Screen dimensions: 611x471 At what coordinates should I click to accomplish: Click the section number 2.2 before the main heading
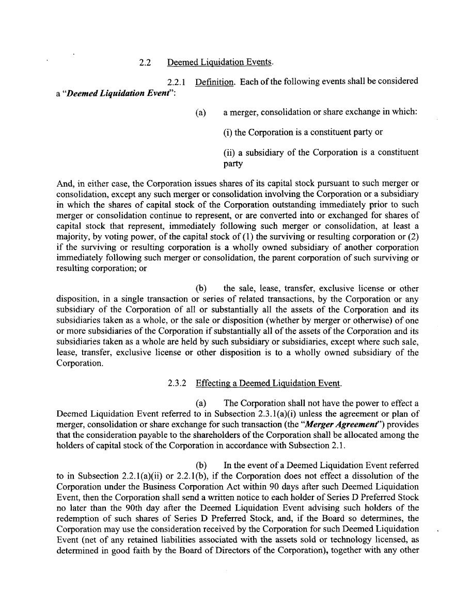145,63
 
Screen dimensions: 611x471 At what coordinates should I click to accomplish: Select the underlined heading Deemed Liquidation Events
219,63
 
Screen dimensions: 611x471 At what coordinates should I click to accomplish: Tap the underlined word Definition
214,81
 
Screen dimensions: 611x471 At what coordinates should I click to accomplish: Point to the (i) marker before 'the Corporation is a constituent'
228,133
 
